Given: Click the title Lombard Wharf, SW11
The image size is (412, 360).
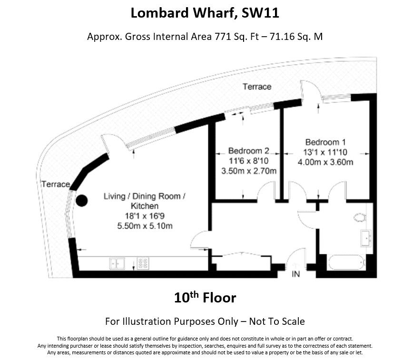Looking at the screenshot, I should (205, 13).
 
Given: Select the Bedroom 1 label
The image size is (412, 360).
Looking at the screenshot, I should (325, 142).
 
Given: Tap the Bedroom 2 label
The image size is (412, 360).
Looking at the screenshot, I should (248, 151).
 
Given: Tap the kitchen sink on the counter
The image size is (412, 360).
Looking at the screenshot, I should (117, 263).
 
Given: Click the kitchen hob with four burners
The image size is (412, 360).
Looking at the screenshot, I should (143, 263).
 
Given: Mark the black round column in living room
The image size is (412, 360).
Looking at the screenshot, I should (82, 201).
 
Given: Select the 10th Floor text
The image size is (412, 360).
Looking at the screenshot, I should (205, 298).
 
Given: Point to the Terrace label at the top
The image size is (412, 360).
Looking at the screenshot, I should (257, 87).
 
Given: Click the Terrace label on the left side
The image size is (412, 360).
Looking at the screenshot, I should (55, 184).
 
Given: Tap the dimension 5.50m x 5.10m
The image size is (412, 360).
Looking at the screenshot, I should (145, 226).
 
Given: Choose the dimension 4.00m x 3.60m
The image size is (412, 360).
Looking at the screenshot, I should (325, 162).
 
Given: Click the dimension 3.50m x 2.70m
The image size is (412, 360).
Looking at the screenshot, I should (248, 171).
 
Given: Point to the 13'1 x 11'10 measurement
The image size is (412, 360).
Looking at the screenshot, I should (325, 152).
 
